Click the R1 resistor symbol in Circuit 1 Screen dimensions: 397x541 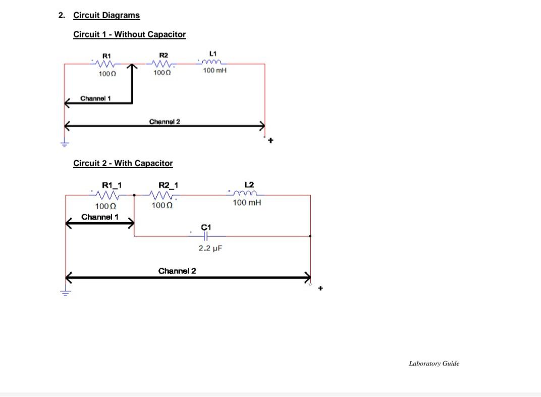[106, 64]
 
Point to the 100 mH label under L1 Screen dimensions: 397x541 [214, 71]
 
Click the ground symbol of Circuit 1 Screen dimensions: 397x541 [64, 143]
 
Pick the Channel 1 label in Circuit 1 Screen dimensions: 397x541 [95, 98]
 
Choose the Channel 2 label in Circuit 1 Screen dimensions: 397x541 [165, 121]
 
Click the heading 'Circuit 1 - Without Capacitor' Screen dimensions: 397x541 [129, 34]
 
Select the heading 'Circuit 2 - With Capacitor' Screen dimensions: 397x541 [123, 163]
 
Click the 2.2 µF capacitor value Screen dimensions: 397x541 [210, 249]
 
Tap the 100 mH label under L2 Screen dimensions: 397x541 [247, 203]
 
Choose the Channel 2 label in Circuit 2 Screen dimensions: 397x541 [177, 271]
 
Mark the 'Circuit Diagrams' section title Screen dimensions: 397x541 [106, 15]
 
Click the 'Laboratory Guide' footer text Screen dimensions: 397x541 [434, 363]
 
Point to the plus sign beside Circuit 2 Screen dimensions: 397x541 [320, 288]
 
